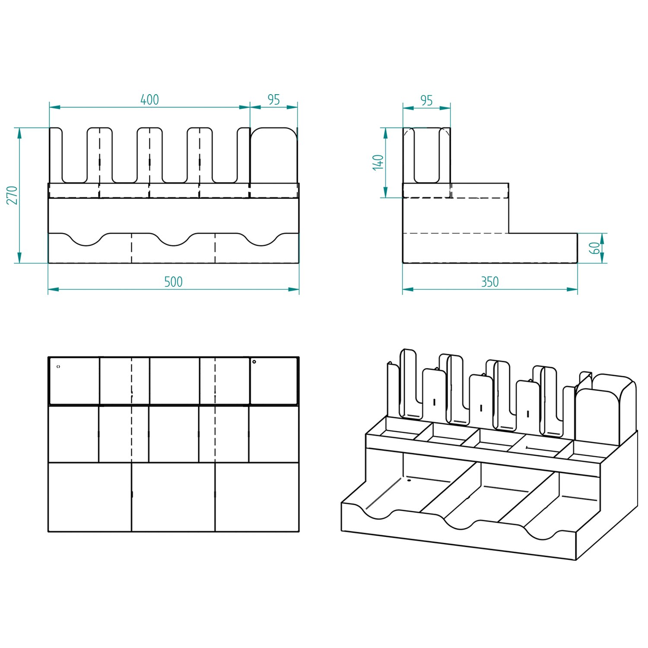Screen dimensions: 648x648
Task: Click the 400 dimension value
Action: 149,100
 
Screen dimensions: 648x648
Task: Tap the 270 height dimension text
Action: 13,195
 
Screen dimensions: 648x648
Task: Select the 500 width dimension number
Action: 173,282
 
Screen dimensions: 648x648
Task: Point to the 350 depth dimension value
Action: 490,282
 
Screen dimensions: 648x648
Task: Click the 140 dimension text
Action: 378,162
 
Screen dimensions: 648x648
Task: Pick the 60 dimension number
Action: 595,248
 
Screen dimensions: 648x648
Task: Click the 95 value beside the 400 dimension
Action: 274,100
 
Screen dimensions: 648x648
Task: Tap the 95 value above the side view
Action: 426,101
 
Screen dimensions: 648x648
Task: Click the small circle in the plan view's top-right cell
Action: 254,362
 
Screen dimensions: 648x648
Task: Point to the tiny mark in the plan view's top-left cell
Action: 58,367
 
